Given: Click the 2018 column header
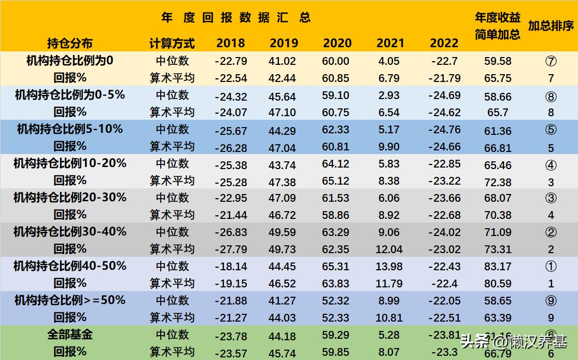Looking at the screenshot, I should click(231, 44).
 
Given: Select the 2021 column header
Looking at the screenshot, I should click(390, 44).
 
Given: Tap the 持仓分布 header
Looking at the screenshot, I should click(69, 44).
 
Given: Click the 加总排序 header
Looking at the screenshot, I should click(551, 26).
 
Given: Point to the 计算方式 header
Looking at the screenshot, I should click(172, 44).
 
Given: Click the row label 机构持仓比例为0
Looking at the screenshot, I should click(69, 61).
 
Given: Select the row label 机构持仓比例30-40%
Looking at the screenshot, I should click(69, 231).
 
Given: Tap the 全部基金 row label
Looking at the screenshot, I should click(69, 335).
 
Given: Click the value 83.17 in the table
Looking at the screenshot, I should click(498, 267).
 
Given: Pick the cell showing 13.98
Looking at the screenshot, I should click(389, 267).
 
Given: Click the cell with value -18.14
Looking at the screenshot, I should click(231, 267).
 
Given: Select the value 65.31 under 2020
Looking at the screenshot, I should click(335, 267).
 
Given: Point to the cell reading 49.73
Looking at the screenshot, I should click(283, 250).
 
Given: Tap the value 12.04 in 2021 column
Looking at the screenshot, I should click(389, 250).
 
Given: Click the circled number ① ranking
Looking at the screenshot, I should click(551, 267).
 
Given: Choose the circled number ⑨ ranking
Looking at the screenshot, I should click(551, 301).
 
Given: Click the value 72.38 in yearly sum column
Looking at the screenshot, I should click(498, 182).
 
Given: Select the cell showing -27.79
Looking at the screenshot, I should click(231, 250).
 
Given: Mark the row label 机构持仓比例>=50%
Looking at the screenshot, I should click(69, 300).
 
